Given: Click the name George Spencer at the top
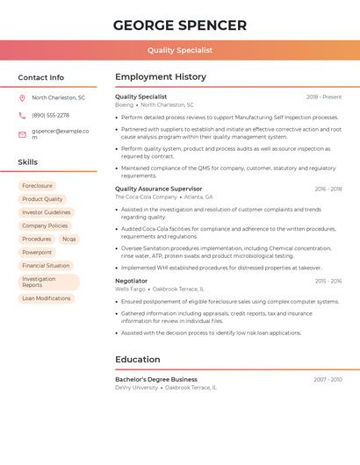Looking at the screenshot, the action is tap(180, 25).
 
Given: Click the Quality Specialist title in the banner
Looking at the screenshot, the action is tap(180, 50).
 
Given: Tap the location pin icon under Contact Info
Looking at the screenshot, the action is tap(22, 97).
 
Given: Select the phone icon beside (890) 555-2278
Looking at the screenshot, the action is tap(22, 115).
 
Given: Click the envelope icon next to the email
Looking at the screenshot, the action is tap(22, 134).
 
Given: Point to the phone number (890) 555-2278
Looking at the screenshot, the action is tap(50, 115).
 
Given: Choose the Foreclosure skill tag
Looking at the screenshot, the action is tap(37, 186).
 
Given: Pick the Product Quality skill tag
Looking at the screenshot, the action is tap(42, 199).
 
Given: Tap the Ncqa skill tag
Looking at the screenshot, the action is tap(69, 239).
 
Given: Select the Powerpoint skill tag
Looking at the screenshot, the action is tap(37, 252).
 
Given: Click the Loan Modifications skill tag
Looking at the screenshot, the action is tap(46, 298).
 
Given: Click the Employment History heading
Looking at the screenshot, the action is tap(161, 77).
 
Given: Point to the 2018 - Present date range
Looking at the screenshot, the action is tap(324, 97).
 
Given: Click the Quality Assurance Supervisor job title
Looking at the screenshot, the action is tap(158, 189).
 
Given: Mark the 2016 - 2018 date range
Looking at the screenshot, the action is tap(328, 189).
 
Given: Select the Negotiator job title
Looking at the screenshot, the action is tap(132, 281).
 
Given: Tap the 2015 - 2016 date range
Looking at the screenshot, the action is tap(328, 281).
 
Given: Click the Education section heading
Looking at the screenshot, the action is tap(138, 359).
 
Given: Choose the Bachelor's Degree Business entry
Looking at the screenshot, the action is tap(156, 379).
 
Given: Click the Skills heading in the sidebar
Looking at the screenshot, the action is tap(27, 162).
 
